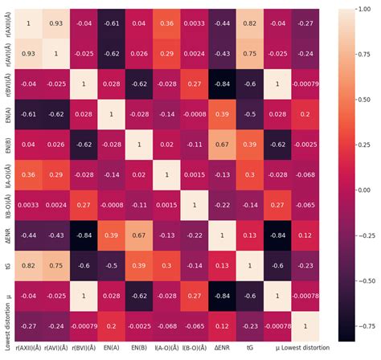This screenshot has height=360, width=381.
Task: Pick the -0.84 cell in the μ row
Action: click(x=221, y=297)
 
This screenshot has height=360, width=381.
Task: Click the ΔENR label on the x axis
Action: click(x=221, y=350)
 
